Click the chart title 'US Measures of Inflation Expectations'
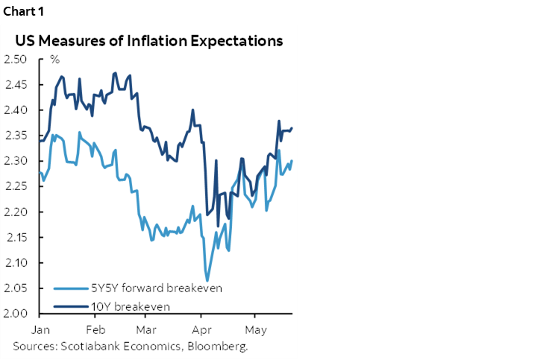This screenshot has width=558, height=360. (149, 41)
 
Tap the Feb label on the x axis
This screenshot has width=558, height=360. (95, 329)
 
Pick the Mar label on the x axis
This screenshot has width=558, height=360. (147, 329)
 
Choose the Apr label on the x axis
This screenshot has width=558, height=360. (201, 329)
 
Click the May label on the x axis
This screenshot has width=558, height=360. (256, 329)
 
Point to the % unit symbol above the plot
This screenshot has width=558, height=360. (54, 60)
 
